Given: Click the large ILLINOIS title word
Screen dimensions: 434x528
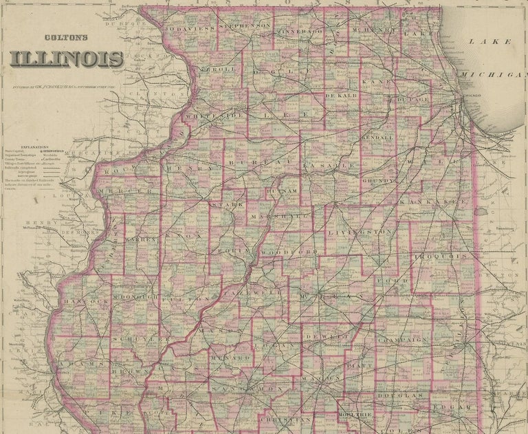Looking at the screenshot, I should [67, 59].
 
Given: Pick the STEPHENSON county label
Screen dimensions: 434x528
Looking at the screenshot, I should [244, 25].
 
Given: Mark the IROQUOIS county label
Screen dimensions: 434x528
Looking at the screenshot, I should [441, 257].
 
